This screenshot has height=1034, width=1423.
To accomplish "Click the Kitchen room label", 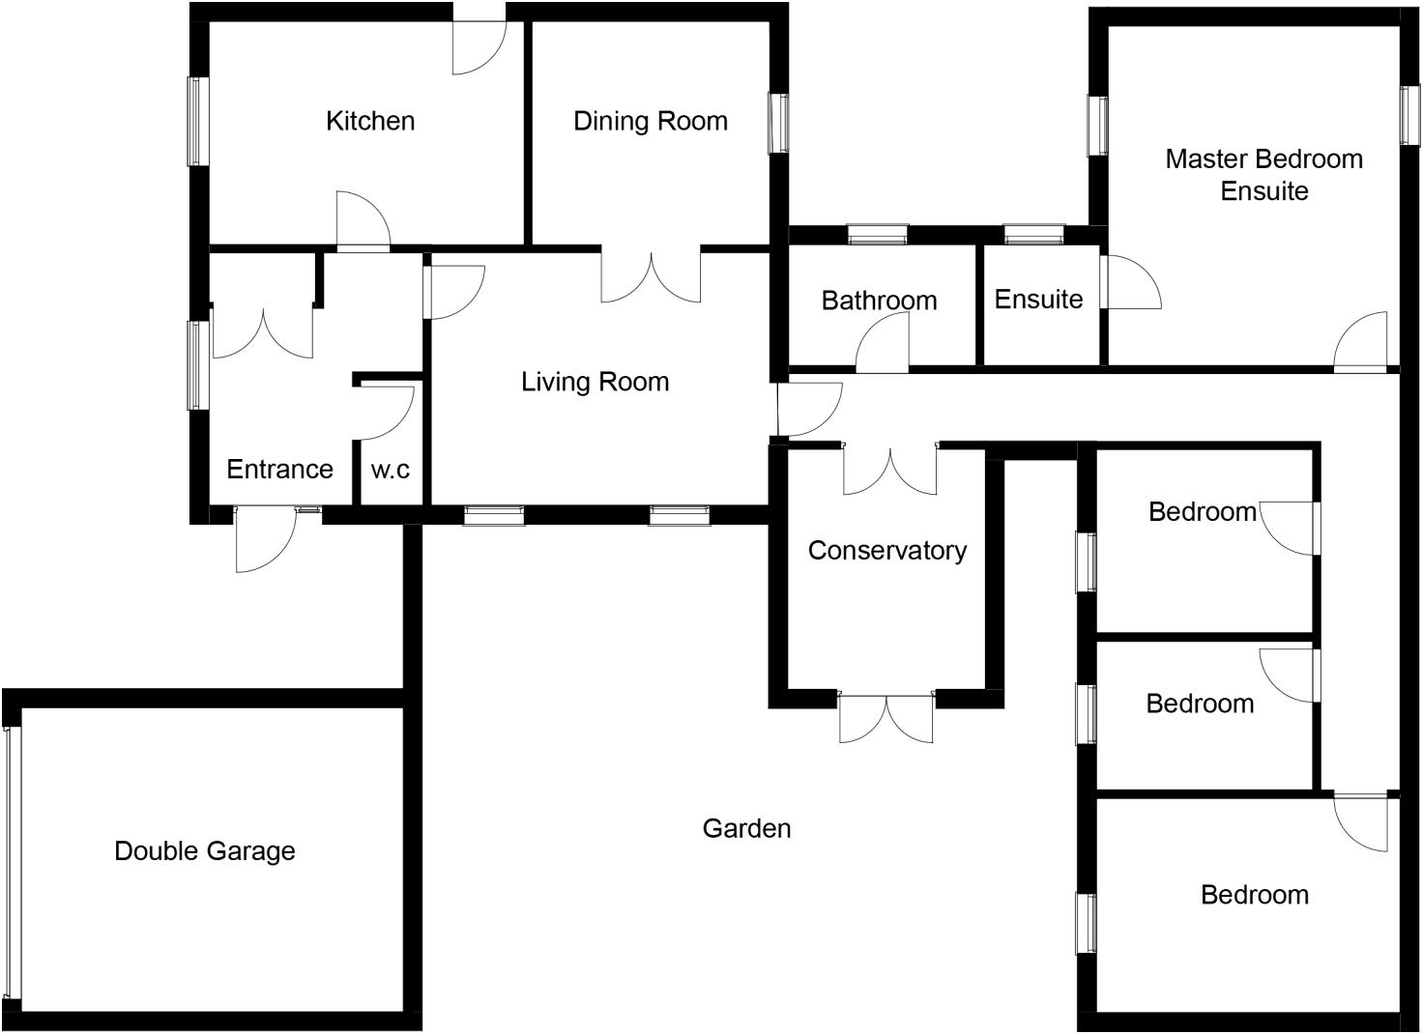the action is point(370,121).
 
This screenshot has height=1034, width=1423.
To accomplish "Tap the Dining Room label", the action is point(651,121).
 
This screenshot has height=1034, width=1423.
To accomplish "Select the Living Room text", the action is point(595,382).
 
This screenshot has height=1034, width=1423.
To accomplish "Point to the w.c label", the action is point(391,470).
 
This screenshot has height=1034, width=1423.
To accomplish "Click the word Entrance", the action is point(279,470).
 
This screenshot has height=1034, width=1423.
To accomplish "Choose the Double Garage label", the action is point(205,851).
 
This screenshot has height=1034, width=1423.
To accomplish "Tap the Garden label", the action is point(746,828).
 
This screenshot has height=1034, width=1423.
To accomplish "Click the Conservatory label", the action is point(887,551).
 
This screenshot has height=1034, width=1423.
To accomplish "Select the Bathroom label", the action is point(879,301).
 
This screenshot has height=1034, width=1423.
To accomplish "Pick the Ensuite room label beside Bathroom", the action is point(1038,300).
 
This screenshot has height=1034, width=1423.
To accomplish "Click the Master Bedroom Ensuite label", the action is point(1263,175).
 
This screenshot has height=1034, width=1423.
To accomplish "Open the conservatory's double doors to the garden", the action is point(886,716).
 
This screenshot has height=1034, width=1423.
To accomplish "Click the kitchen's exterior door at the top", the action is point(479,43).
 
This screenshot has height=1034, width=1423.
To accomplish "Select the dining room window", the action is point(778,123).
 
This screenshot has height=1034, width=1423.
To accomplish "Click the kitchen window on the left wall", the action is point(198,121).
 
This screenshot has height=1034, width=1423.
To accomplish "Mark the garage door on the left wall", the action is point(12,860).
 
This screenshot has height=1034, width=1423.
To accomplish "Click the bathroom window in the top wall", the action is point(878,234).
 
